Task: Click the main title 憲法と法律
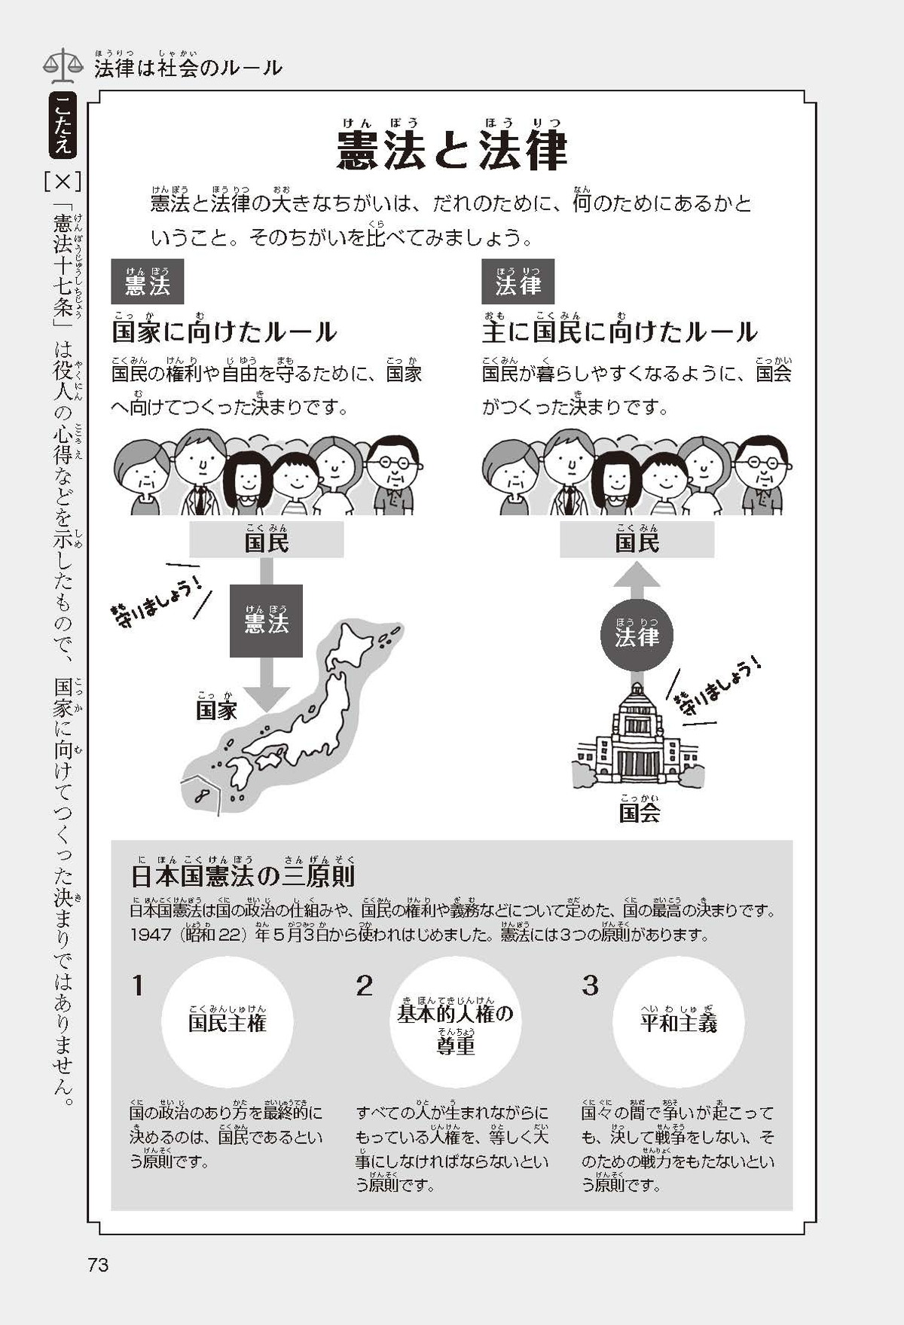coord(452,150)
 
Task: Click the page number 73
coord(99,1264)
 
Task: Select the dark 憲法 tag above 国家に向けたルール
coord(148,282)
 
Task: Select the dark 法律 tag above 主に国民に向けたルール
coord(518,282)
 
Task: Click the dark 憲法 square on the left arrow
coord(267,621)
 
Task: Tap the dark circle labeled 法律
coord(637,634)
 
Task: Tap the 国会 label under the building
coord(640,812)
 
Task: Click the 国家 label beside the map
coord(217,707)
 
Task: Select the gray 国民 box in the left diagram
coord(267,539)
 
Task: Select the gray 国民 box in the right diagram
coord(637,539)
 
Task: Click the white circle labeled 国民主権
coord(227,1022)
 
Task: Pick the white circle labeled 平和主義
coord(678,1022)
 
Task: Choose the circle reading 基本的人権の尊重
coord(455,1022)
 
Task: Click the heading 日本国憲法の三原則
coord(243,875)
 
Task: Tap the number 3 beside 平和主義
coord(591,985)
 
